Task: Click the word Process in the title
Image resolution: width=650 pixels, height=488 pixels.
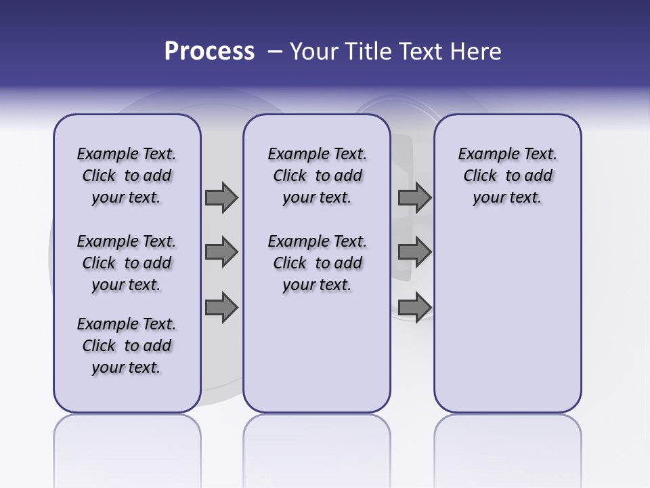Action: [209, 51]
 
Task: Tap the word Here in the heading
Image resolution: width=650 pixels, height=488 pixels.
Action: [474, 52]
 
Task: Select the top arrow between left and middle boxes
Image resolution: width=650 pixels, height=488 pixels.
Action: [221, 198]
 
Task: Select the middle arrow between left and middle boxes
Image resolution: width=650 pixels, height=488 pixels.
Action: [221, 252]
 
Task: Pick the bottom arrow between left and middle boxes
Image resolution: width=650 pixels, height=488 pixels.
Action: [221, 308]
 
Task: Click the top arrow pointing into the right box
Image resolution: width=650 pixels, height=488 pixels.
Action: [414, 198]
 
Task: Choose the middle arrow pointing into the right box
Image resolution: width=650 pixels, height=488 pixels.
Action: [414, 252]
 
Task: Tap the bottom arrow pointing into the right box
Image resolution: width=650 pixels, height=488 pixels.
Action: [414, 308]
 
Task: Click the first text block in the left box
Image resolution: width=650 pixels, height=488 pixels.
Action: [127, 176]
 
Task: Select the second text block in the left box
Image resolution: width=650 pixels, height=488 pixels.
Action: [127, 263]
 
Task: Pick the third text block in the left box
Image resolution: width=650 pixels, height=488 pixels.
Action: [127, 346]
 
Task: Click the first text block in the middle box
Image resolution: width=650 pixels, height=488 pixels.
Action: [318, 176]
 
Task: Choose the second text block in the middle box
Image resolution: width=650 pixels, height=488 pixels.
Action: [318, 263]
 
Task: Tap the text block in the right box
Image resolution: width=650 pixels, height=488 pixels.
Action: [508, 176]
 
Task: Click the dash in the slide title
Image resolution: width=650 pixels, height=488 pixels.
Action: [275, 52]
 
